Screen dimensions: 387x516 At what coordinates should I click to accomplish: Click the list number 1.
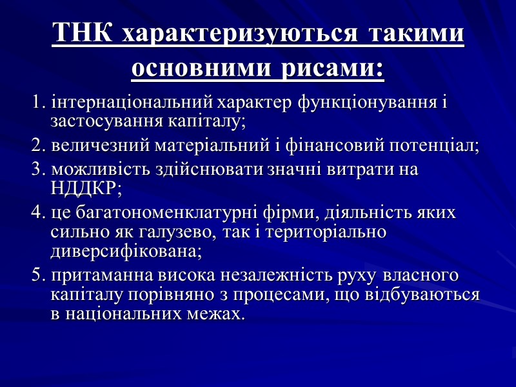click(x=37, y=103)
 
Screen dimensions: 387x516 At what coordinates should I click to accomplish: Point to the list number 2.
click(x=37, y=145)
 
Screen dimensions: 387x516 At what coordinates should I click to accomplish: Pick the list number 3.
click(x=37, y=170)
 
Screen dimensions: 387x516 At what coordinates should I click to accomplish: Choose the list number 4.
click(x=37, y=213)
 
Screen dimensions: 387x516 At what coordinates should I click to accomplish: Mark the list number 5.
click(x=37, y=277)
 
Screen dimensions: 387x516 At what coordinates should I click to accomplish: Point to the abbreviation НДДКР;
click(x=86, y=189)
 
